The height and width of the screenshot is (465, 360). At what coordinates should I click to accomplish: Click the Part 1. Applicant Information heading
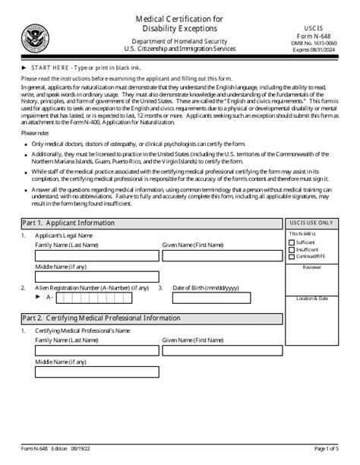[x=68, y=223]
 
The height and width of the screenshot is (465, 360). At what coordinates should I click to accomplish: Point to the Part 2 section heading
[x=100, y=318]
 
